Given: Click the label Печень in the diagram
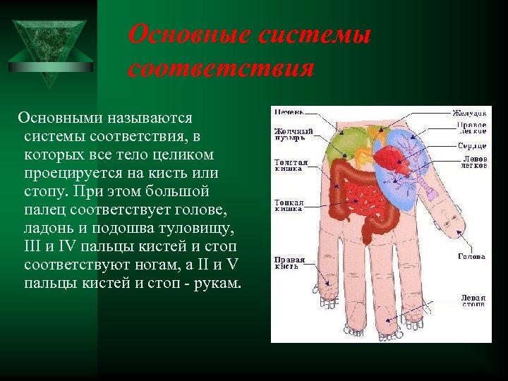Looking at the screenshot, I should pyautogui.click(x=289, y=112).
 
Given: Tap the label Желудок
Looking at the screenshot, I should pyautogui.click(x=469, y=113).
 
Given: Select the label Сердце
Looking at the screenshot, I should pyautogui.click(x=471, y=145).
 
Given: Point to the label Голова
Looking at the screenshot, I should pyautogui.click(x=471, y=257).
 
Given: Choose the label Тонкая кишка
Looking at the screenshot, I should pyautogui.click(x=289, y=205).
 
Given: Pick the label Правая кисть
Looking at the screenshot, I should pyautogui.click(x=289, y=262).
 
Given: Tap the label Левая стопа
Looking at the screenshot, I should pyautogui.click(x=473, y=301).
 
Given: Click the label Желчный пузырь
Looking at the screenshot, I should pyautogui.click(x=294, y=134).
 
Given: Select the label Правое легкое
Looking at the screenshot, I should pyautogui.click(x=471, y=128).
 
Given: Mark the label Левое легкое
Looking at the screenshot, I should pyautogui.click(x=473, y=162).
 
